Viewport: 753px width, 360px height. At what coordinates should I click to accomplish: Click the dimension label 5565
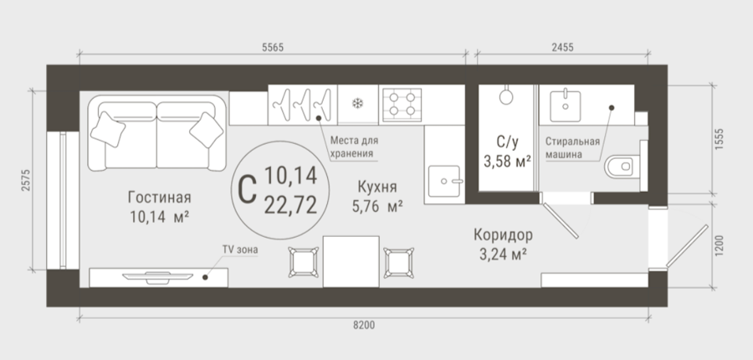(273, 47)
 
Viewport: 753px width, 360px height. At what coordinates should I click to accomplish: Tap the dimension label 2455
(562, 47)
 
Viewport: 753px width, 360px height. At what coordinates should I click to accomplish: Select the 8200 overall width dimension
(364, 326)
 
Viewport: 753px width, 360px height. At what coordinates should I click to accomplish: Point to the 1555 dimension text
(719, 139)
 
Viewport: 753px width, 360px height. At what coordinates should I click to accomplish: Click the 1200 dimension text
(719, 245)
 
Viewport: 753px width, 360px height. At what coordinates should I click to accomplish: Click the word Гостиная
(160, 198)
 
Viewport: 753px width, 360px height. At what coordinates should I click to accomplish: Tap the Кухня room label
(377, 187)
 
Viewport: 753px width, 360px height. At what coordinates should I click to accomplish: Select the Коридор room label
(503, 235)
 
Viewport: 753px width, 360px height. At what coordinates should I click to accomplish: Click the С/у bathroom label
(508, 141)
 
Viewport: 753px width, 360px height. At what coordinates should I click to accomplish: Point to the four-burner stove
(402, 105)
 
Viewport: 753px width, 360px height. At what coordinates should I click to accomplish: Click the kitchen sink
(444, 181)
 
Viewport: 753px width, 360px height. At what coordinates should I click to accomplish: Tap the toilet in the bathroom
(622, 167)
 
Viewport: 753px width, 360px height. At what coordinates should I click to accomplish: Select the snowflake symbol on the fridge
(358, 103)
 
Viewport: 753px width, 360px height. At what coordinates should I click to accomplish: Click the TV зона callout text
(239, 249)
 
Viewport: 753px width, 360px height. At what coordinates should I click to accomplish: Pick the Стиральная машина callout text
(572, 147)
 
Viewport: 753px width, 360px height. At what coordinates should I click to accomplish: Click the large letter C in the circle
(247, 190)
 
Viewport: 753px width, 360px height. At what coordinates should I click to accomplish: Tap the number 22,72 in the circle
(290, 206)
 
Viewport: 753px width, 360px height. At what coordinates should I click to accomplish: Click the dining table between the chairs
(351, 261)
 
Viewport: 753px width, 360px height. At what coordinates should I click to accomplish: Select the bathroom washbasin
(566, 106)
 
